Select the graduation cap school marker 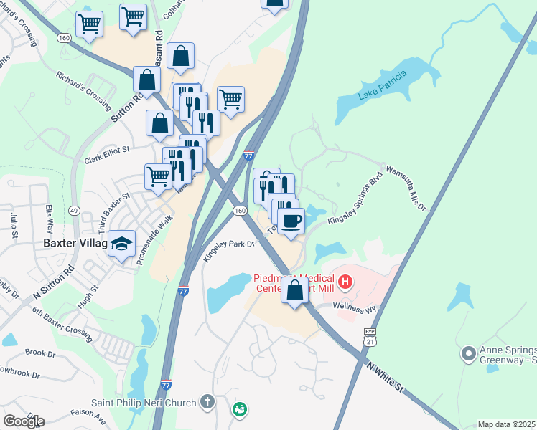pyautogui.click(x=123, y=244)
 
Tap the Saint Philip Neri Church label pyautogui.click(x=145, y=402)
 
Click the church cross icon pyautogui.click(x=207, y=401)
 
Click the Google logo pyautogui.click(x=24, y=421)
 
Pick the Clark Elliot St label pyautogui.click(x=106, y=154)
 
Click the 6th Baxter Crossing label pyautogui.click(x=62, y=323)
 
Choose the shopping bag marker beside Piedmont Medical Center pyautogui.click(x=294, y=290)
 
